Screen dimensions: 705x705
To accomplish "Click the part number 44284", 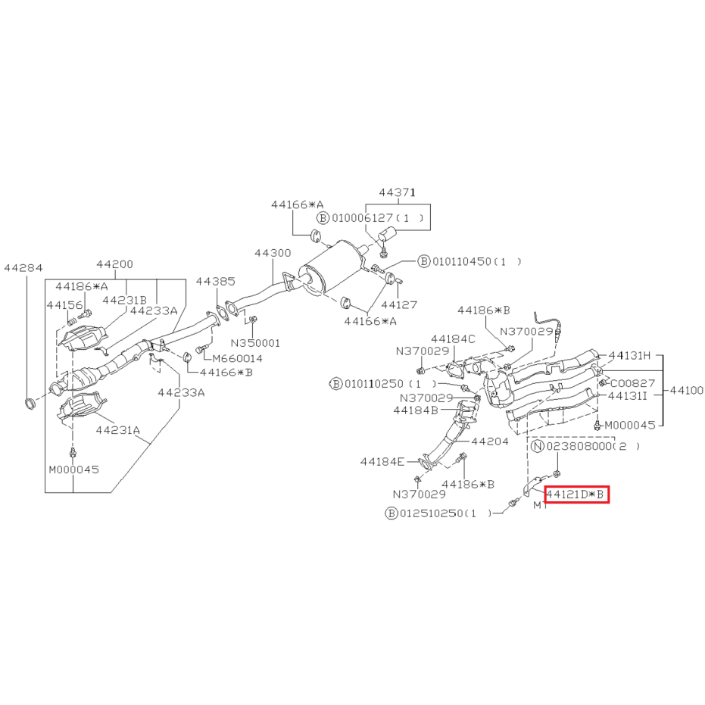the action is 23,268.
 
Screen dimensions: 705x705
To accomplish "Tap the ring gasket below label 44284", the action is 30,403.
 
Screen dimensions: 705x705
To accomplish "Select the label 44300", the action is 273,253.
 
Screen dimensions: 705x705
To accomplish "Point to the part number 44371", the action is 397,192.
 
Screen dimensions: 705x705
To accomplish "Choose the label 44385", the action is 215,282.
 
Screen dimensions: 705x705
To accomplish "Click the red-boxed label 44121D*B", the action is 577,494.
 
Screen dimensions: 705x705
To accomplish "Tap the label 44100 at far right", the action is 686,390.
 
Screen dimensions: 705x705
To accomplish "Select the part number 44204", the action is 490,441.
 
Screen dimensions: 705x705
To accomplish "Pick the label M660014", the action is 238,358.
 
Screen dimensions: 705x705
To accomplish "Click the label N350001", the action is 255,343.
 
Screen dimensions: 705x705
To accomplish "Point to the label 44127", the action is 399,305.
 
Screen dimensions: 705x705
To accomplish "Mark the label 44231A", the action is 118,430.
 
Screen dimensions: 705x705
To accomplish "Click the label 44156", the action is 65,305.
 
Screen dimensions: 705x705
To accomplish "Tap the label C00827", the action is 632,383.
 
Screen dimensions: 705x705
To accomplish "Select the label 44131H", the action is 629,356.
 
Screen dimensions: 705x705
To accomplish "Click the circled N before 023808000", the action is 538,446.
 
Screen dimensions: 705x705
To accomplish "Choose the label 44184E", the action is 382,461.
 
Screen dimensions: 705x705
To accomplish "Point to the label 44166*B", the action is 226,373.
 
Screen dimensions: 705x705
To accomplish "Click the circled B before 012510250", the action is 391,513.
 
